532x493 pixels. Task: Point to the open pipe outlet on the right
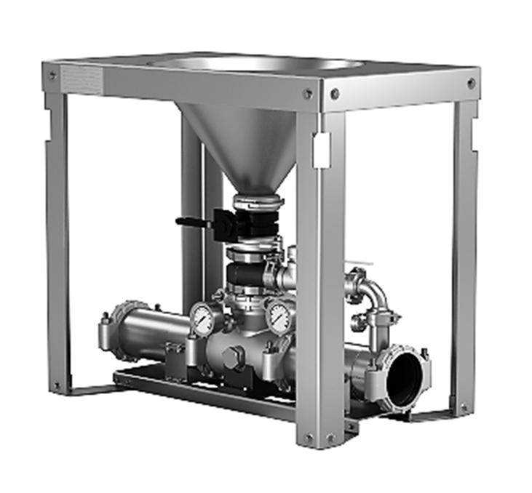tap(405, 377)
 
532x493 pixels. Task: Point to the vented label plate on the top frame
tap(81, 79)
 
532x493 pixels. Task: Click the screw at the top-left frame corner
tap(52, 74)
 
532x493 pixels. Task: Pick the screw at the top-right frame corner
tap(471, 83)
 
